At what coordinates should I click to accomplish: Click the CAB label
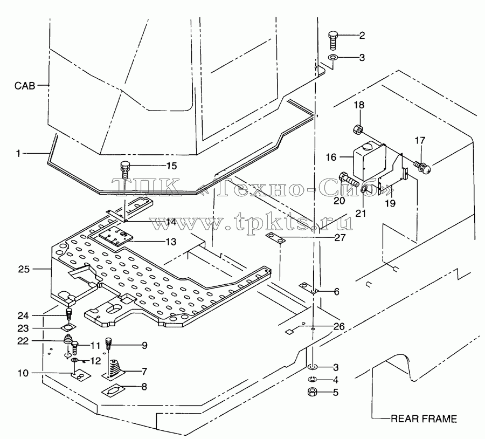(25, 85)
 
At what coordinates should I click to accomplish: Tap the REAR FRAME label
(424, 419)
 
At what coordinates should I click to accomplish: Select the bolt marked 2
(332, 40)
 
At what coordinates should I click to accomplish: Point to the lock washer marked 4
(313, 379)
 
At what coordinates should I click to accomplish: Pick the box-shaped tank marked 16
(369, 161)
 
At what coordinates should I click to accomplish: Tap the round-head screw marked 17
(423, 167)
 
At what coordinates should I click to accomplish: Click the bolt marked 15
(124, 170)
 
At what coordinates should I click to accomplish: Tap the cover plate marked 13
(116, 236)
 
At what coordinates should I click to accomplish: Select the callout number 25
(24, 269)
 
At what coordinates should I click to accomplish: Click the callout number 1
(18, 153)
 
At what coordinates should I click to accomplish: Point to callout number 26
(339, 326)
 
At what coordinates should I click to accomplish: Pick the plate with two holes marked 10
(80, 375)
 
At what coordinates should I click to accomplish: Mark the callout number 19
(390, 203)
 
